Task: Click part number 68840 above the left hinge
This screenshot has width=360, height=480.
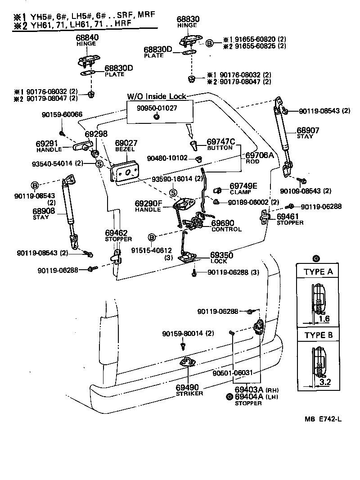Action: [x=86, y=38]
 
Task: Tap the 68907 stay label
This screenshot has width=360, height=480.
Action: [x=307, y=131]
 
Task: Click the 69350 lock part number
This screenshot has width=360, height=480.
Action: [x=222, y=255]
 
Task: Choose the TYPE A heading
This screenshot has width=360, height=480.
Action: [x=318, y=272]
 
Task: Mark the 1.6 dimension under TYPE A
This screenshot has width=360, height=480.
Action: [x=324, y=319]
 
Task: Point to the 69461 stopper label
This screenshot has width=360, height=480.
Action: [x=289, y=217]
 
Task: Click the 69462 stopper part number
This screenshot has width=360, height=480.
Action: [x=118, y=233]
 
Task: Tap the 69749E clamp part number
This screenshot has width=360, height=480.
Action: [x=243, y=186]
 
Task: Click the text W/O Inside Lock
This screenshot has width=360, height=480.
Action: [x=156, y=96]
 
